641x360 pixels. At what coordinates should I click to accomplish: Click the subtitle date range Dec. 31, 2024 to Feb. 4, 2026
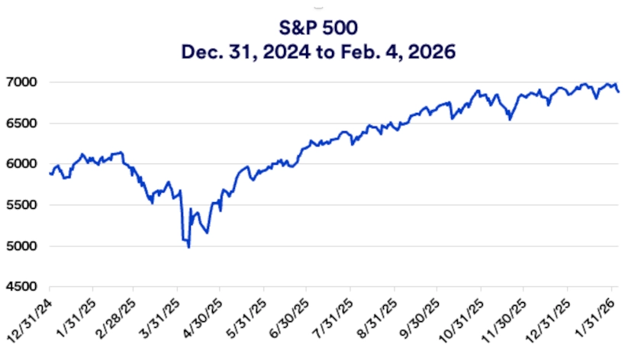point(320,53)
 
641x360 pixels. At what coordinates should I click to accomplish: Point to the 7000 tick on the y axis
point(27,82)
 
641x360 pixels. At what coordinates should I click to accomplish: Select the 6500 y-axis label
point(27,124)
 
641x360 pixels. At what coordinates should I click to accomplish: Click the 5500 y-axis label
point(27,205)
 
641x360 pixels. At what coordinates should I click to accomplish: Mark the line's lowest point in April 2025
point(188,247)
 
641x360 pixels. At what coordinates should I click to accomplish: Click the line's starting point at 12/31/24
point(50,173)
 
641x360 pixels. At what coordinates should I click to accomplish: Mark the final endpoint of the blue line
point(618,92)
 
